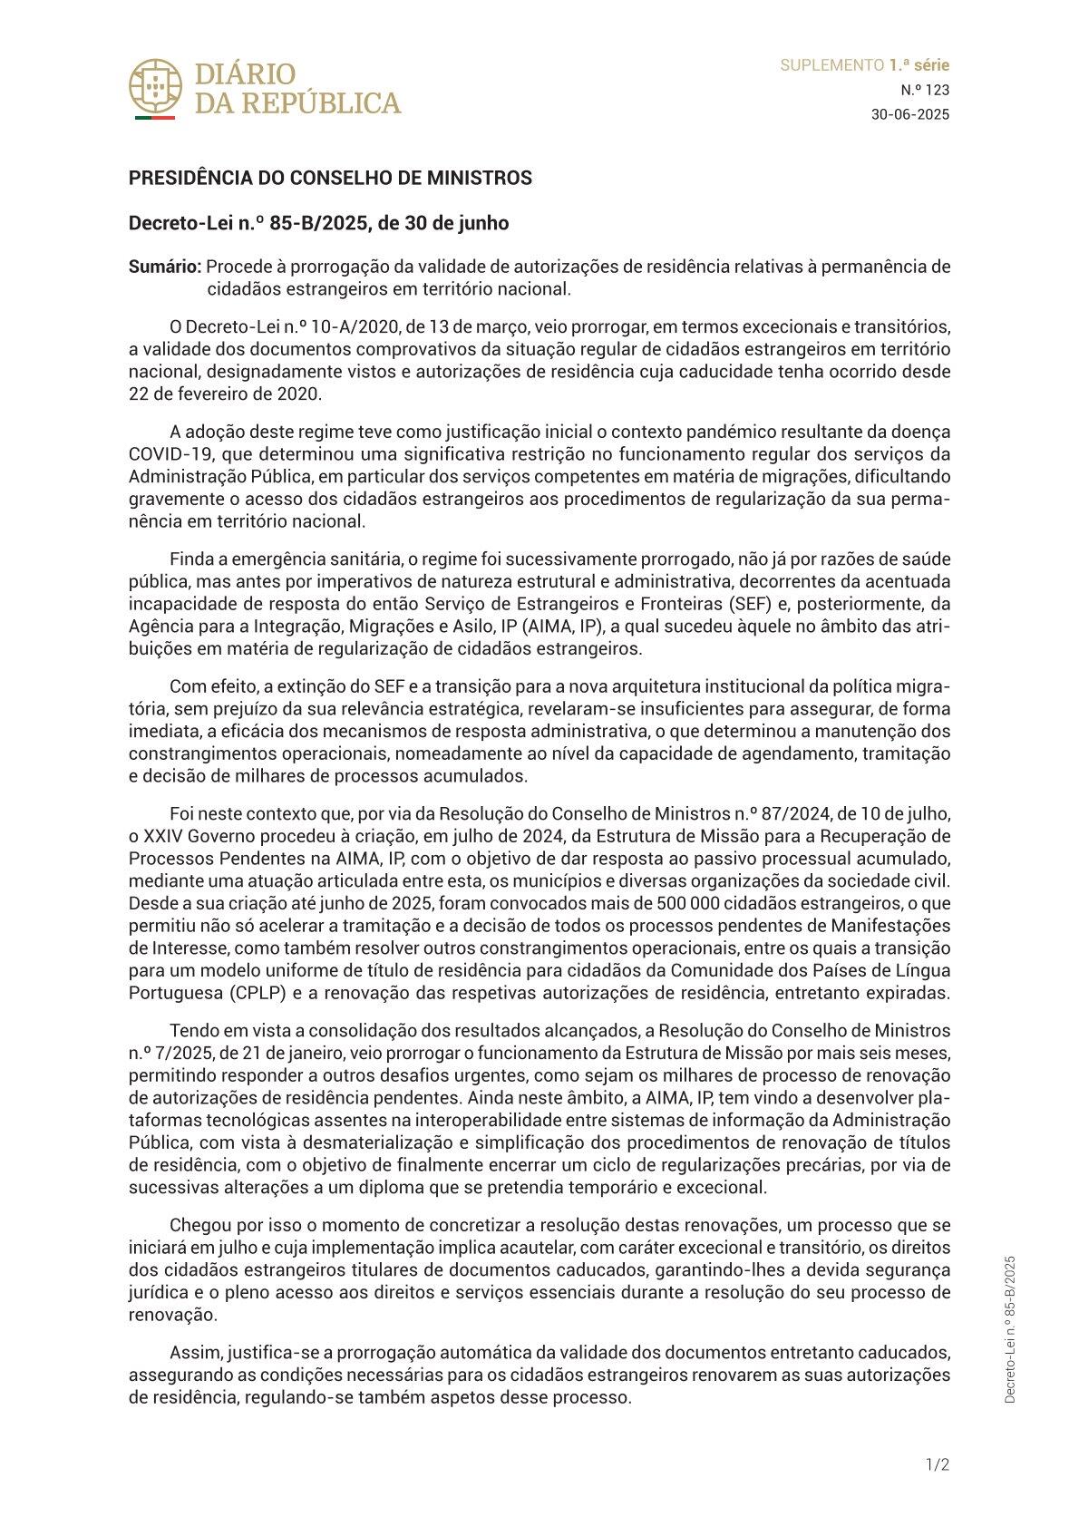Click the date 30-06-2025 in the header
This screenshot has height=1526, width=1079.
909,114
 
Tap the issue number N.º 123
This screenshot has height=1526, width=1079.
925,90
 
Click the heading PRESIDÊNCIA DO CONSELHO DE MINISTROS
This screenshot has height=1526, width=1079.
330,178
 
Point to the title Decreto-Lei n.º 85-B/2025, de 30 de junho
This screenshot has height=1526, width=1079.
318,223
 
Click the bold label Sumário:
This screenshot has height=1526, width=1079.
165,267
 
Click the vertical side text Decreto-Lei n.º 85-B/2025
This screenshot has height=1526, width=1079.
1010,1329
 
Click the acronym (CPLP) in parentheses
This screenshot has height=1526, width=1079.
258,993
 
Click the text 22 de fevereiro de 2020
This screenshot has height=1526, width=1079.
225,394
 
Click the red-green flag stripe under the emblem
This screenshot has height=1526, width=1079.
154,118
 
